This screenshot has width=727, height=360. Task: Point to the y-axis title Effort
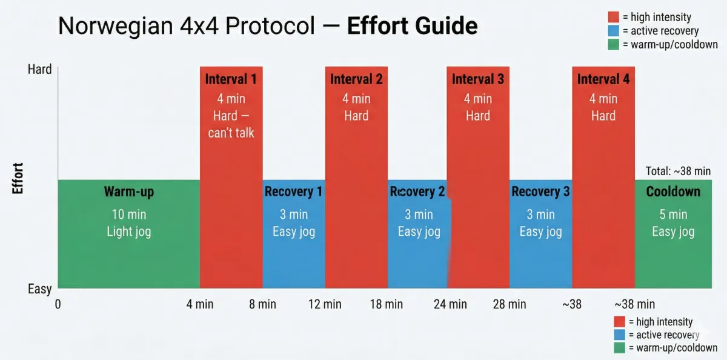point(18,178)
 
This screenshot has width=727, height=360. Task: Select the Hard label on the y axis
point(40,70)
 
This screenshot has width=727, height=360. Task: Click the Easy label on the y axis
point(40,289)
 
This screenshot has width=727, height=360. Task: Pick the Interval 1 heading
point(231,79)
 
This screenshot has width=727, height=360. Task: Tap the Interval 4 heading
point(603,79)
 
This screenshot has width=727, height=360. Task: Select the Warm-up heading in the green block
point(129,192)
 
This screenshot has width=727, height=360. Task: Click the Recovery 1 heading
point(293,192)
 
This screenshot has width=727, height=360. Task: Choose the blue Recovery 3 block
point(541,255)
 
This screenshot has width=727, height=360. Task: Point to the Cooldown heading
point(673,192)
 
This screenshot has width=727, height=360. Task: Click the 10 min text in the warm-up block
point(129,215)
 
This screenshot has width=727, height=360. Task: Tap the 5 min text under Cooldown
point(673,215)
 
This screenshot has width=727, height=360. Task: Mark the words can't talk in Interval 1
point(231,133)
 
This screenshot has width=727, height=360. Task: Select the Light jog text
point(129,232)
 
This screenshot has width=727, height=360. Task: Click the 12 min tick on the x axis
point(325,304)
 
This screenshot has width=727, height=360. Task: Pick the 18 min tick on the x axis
point(387,304)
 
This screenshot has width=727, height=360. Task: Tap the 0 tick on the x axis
point(58,304)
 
